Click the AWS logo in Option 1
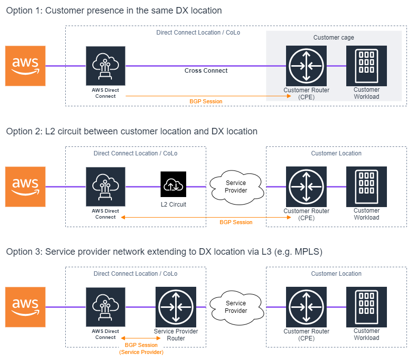[25, 66]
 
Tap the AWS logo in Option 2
[25, 187]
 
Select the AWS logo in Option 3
[25, 307]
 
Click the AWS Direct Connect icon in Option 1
[105, 66]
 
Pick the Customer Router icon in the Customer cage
[306, 66]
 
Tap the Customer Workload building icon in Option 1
[366, 66]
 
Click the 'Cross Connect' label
[206, 71]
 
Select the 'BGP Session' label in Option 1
[206, 101]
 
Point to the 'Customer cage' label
[333, 38]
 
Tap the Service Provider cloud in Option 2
[236, 187]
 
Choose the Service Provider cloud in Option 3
[236, 307]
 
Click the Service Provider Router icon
[176, 307]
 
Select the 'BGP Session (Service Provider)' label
[141, 348]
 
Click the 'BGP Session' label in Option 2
[236, 222]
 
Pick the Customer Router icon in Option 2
[306, 187]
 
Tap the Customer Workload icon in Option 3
[366, 307]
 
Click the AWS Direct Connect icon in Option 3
[105, 307]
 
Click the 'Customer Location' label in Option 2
[336, 153]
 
